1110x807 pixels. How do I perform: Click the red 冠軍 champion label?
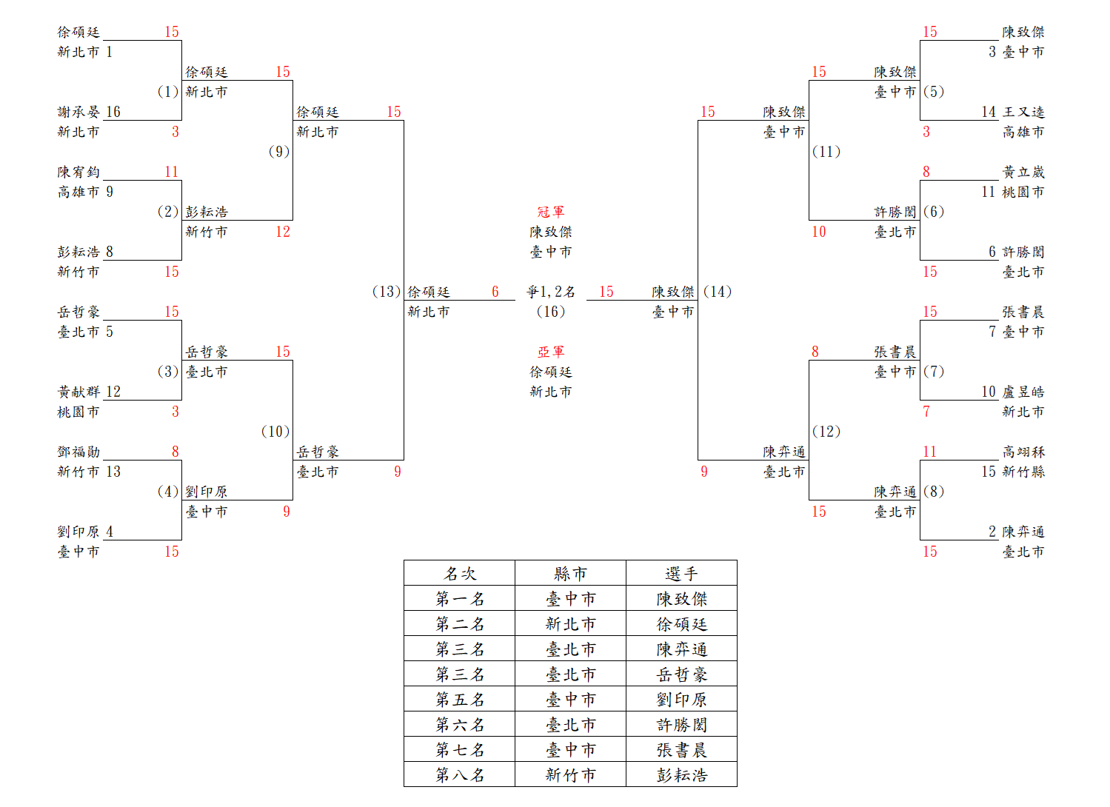coord(551,212)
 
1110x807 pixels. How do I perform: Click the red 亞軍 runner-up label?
coord(551,352)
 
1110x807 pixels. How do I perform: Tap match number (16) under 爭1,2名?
coord(551,312)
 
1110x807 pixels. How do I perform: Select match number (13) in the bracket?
coord(386,292)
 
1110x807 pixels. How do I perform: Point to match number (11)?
coord(826,152)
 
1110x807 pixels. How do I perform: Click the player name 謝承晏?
coord(78,112)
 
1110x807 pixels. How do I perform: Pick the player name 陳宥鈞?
coord(78,172)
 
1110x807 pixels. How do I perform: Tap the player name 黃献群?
coord(78,392)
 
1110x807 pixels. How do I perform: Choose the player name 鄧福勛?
coord(78,452)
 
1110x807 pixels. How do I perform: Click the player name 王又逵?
coord(1023,112)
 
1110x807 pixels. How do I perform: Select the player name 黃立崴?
coord(1023,172)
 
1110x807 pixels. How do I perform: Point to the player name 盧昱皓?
coord(1023,392)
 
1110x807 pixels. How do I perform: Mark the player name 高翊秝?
coord(1023,452)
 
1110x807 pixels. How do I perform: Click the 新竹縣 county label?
coord(1023,472)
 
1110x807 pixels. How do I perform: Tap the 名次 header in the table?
coord(460,574)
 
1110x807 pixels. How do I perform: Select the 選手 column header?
coord(681,574)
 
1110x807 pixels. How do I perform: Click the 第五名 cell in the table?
coord(460,700)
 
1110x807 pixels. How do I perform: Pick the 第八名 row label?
coord(460,775)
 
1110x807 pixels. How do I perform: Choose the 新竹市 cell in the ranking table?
coord(570,775)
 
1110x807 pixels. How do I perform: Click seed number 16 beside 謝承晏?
coord(113,112)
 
